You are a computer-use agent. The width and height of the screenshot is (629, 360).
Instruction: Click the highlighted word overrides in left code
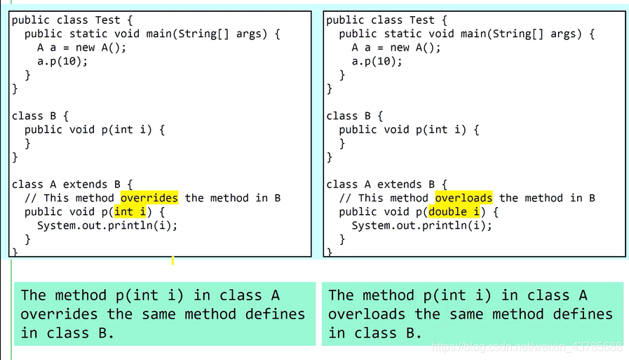click(x=149, y=198)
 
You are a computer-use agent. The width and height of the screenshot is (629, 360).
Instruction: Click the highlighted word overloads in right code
click(x=464, y=198)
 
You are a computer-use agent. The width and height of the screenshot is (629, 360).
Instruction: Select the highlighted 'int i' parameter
click(x=133, y=212)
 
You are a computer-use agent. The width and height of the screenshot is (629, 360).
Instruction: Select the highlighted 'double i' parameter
click(x=454, y=212)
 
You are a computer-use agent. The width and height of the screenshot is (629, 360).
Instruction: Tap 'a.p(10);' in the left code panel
click(x=63, y=61)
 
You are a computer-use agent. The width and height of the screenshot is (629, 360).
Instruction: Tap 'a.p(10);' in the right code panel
click(x=377, y=61)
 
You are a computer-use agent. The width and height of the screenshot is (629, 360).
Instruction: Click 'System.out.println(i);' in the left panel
click(x=107, y=225)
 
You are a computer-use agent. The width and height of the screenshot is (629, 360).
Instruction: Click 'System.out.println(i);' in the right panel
click(x=421, y=225)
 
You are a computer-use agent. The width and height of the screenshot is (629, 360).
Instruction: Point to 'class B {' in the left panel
click(x=40, y=116)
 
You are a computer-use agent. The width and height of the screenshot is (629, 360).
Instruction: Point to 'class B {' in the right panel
click(x=354, y=116)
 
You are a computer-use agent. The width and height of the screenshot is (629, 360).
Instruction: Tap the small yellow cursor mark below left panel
click(x=173, y=261)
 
